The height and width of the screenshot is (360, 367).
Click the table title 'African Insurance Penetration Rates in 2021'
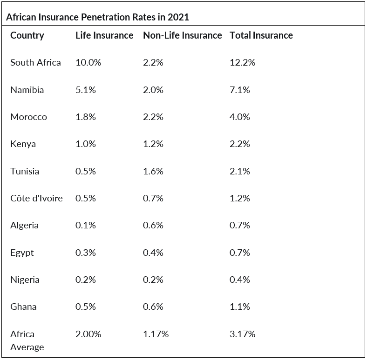[x=97, y=17]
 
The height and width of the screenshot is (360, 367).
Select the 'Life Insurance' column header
[x=104, y=35]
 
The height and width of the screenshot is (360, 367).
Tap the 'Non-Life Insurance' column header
[x=182, y=35]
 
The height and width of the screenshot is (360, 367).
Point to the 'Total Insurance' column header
[x=261, y=35]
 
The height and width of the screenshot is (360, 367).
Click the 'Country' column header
[x=27, y=36]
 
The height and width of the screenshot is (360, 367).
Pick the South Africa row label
[x=35, y=62]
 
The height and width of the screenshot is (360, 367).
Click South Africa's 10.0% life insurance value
[x=88, y=62]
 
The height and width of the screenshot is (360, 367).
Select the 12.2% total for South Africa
[x=243, y=62]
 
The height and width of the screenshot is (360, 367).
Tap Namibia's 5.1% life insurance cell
[x=85, y=90]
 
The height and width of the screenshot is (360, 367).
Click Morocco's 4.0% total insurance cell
[x=240, y=117]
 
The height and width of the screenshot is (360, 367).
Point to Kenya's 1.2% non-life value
[x=153, y=144]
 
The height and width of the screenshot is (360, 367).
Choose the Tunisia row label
[x=25, y=171]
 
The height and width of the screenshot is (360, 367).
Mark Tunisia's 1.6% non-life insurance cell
[x=153, y=171]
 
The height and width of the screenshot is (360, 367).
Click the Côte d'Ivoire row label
[x=36, y=198]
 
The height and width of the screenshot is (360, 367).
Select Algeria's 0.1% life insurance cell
[x=85, y=225]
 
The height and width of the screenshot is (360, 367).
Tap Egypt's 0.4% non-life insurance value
[x=153, y=253]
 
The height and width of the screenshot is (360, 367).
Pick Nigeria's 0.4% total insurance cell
[x=240, y=280]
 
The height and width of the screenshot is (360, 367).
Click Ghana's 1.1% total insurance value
[x=240, y=307]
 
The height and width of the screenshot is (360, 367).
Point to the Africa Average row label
[x=27, y=340]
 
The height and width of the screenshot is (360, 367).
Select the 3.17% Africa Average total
[x=243, y=334]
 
